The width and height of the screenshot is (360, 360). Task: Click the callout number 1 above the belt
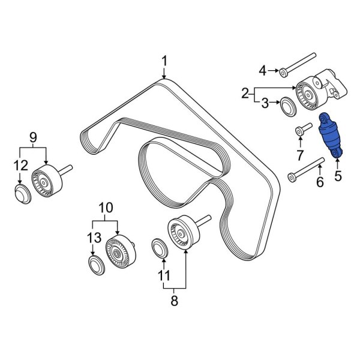(x=164, y=61)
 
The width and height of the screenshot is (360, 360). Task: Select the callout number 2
(x=245, y=93)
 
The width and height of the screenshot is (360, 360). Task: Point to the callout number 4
(x=262, y=72)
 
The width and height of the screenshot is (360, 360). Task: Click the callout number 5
(x=337, y=176)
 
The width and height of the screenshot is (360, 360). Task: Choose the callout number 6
(x=320, y=182)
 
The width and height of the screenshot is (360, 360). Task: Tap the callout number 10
(x=106, y=207)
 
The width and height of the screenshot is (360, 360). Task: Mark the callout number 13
(x=91, y=239)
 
